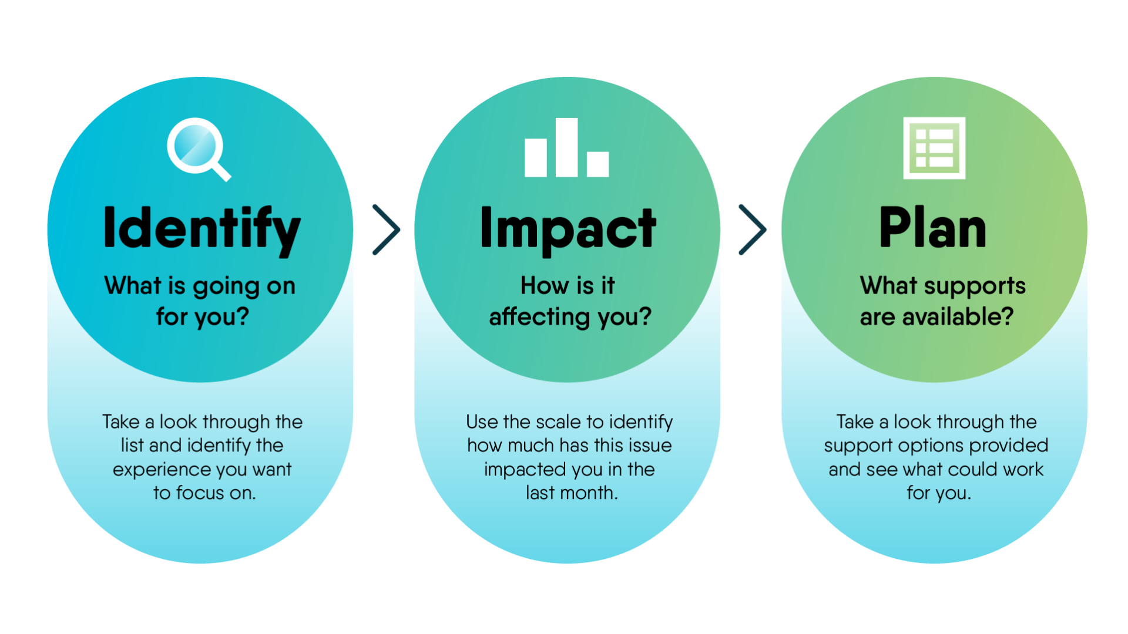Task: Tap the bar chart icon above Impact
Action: point(567,147)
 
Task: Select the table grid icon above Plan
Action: point(934,148)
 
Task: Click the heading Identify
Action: point(202,230)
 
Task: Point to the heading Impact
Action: point(568,230)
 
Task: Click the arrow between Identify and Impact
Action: point(387,230)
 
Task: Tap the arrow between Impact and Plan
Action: point(753,230)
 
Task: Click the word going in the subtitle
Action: point(227,287)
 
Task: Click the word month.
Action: point(589,493)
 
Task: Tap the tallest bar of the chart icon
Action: point(567,147)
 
